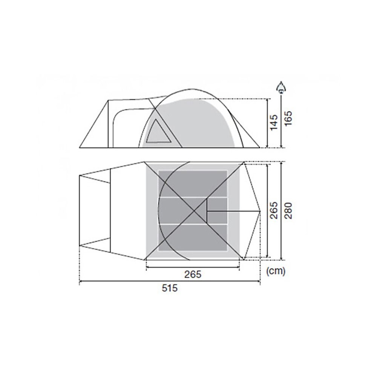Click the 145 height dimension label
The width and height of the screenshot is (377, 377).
pyautogui.click(x=274, y=123)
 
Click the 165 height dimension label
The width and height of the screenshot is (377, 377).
pyautogui.click(x=288, y=118)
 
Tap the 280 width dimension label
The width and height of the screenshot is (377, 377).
pyautogui.click(x=288, y=211)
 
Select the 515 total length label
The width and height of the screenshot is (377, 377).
pyautogui.click(x=170, y=288)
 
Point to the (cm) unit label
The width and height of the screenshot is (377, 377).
pyautogui.click(x=276, y=271)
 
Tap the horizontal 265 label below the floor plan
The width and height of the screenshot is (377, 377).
pyautogui.click(x=193, y=274)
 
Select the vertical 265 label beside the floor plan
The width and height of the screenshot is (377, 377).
pyautogui.click(x=274, y=210)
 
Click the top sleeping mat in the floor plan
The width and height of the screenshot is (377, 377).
pyautogui.click(x=193, y=184)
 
